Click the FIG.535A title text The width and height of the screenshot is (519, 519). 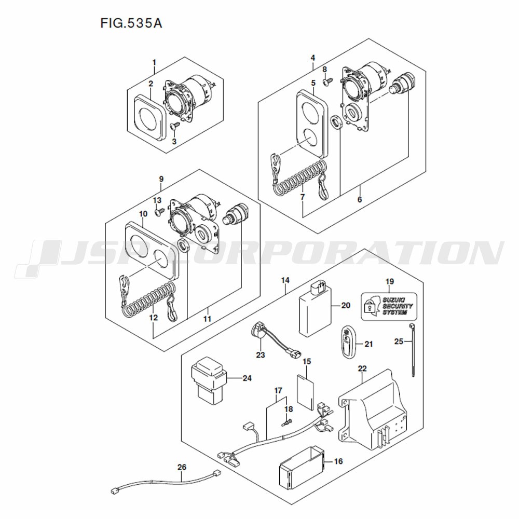pyautogui.click(x=131, y=23)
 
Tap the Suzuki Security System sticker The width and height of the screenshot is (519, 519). pyautogui.click(x=388, y=306)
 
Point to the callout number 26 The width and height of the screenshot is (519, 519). pyautogui.click(x=182, y=467)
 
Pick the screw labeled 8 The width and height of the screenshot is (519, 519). pyautogui.click(x=328, y=81)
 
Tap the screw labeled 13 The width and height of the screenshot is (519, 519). pyautogui.click(x=159, y=212)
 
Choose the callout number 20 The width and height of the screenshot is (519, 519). pyautogui.click(x=346, y=305)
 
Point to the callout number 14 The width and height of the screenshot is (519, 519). pyautogui.click(x=285, y=280)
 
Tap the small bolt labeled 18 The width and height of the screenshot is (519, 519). pyautogui.click(x=286, y=422)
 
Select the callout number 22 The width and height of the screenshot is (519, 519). pyautogui.click(x=362, y=368)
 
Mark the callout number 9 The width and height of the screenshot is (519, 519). pyautogui.click(x=161, y=179)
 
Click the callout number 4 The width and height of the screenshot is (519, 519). pyautogui.click(x=313, y=58)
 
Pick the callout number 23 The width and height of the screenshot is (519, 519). pyautogui.click(x=261, y=354)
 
